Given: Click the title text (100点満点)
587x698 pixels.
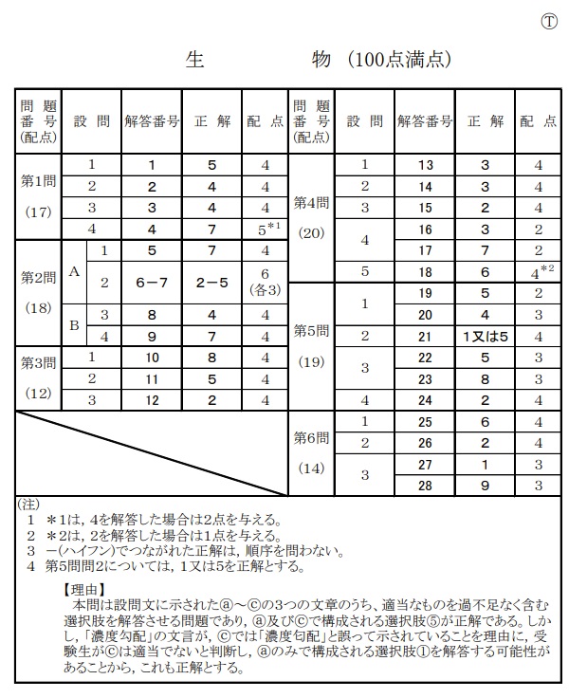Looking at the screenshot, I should coord(398,60).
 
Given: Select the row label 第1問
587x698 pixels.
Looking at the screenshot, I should coord(38,179).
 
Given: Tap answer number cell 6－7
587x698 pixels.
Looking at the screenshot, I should coord(152,283).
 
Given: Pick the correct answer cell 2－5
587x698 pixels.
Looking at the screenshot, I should coord(211,283).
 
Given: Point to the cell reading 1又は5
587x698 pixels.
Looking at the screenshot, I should coord(486,335).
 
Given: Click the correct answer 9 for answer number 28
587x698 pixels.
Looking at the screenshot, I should coord(485,486).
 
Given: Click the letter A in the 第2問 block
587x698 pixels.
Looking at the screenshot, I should coord(73,272).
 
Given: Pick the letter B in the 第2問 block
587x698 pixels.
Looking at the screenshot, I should coord(73,324).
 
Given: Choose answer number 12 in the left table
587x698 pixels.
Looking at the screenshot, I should coord(152,399).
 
